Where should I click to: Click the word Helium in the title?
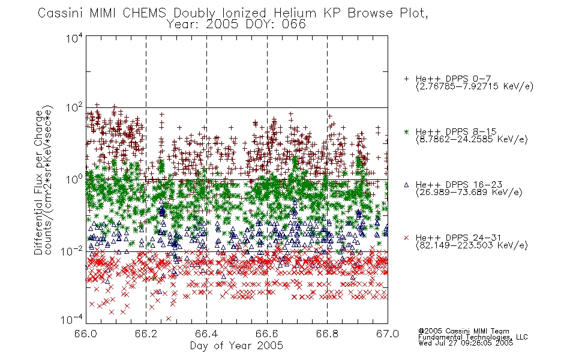click(295, 13)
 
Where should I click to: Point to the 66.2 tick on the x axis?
click(146, 334)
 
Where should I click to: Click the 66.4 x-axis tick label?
click(206, 334)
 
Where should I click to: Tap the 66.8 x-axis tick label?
click(327, 334)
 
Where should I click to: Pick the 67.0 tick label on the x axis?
click(388, 334)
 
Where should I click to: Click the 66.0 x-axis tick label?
click(86, 334)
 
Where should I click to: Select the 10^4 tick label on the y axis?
click(74, 38)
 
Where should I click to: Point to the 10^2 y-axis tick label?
click(74, 108)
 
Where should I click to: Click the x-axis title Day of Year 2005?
click(236, 346)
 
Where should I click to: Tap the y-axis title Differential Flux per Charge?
click(38, 182)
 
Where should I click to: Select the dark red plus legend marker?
click(406, 79)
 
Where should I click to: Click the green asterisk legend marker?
click(406, 131)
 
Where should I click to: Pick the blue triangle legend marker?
click(406, 185)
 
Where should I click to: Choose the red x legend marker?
click(406, 238)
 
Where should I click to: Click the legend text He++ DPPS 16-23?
click(459, 185)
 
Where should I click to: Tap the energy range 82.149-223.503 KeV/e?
click(472, 245)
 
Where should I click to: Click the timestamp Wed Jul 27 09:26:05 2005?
click(466, 343)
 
